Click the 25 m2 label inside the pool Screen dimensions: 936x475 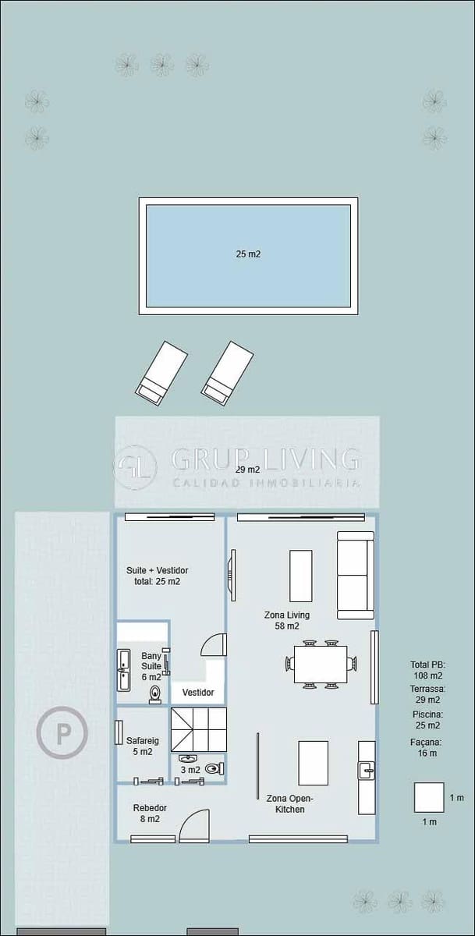click(x=248, y=253)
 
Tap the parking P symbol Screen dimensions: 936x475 click(x=62, y=732)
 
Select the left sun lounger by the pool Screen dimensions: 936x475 click(x=161, y=373)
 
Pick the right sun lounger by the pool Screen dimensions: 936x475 click(x=227, y=373)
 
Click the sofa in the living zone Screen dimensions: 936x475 click(x=355, y=575)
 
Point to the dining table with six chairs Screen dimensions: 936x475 click(x=321, y=664)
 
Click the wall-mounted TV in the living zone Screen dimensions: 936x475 click(x=232, y=575)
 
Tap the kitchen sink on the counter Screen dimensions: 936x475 click(x=366, y=771)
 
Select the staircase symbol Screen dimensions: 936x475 click(x=198, y=729)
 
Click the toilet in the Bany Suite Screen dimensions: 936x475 click(x=156, y=694)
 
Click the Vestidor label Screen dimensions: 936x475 click(x=198, y=693)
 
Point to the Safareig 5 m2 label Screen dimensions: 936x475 click(x=140, y=746)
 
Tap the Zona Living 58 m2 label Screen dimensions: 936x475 click(x=287, y=620)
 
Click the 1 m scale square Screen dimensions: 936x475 click(x=428, y=797)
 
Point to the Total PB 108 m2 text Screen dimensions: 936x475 click(x=427, y=669)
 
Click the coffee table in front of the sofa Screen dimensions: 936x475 click(x=300, y=576)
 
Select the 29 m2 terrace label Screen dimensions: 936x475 click(x=247, y=470)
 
